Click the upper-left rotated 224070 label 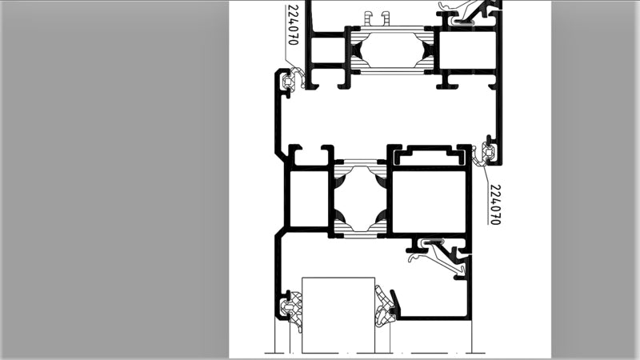[293, 25]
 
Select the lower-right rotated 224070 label [494, 205]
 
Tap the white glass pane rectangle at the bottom [338, 315]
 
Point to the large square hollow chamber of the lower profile [429, 202]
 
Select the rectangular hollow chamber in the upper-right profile [467, 50]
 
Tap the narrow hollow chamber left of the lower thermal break [309, 198]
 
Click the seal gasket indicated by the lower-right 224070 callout [485, 154]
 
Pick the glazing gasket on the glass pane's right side [385, 307]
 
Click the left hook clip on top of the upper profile [369, 18]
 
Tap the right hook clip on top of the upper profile [386, 18]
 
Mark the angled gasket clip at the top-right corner [470, 12]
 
